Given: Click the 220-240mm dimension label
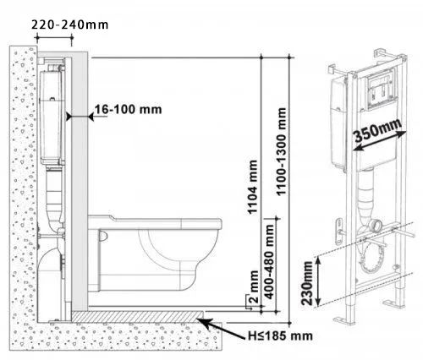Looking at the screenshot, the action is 69,25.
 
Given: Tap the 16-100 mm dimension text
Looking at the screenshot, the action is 128,109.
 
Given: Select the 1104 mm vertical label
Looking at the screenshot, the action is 252,187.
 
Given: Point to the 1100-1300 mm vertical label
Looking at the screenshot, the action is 281,151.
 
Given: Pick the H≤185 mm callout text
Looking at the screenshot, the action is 280,335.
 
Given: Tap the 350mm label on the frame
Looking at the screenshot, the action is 377,130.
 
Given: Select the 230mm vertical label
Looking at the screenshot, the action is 306,283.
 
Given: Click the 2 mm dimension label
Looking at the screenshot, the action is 254,286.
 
